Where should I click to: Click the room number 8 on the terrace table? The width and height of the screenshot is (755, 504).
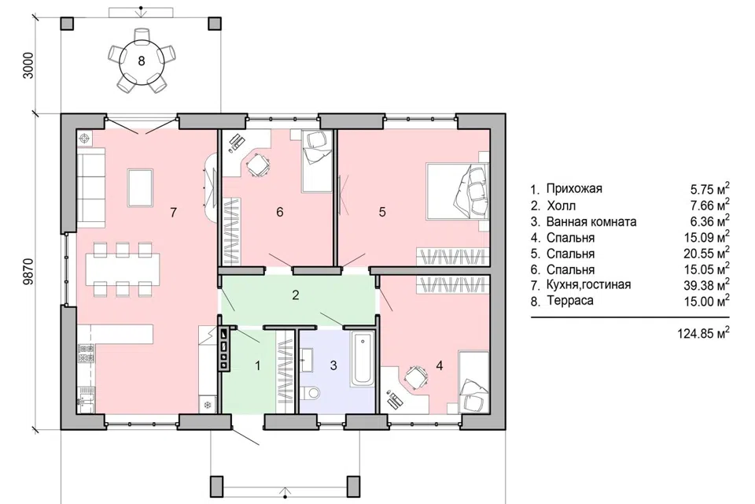[141, 61]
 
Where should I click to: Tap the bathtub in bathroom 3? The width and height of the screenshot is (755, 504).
[362, 358]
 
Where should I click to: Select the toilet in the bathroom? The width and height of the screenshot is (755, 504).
[310, 393]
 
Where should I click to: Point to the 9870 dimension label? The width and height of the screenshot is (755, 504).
[28, 272]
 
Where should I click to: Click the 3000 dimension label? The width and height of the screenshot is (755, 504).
[28, 65]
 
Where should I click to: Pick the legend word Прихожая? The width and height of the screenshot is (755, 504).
[574, 188]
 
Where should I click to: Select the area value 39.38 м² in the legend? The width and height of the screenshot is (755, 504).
[706, 284]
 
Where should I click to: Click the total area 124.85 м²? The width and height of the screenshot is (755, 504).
[703, 333]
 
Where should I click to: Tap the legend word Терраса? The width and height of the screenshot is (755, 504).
[570, 301]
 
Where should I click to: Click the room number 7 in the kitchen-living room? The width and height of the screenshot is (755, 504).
[173, 212]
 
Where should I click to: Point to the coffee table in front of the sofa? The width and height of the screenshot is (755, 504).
[140, 187]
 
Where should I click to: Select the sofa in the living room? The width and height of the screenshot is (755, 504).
[91, 187]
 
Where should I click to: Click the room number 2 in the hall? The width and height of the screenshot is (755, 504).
[296, 295]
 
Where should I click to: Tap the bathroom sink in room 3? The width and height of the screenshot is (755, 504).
[308, 361]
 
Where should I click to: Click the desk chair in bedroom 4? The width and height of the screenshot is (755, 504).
[416, 375]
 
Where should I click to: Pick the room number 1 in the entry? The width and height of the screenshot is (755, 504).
[258, 366]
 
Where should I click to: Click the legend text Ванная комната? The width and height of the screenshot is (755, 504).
[591, 222]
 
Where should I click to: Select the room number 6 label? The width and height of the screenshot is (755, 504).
[280, 212]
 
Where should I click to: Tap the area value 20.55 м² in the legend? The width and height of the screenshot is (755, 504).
[706, 254]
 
